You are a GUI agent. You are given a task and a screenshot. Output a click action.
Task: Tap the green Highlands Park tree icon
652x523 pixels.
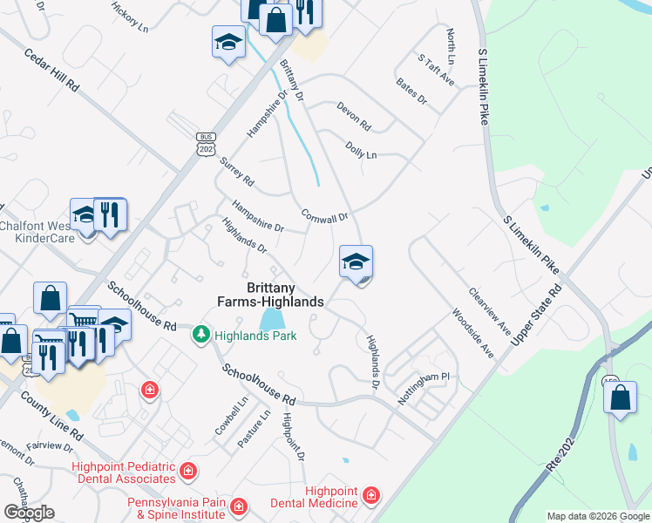(x=201, y=335)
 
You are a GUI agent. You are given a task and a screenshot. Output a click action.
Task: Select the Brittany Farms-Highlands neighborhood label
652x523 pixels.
(x=270, y=295)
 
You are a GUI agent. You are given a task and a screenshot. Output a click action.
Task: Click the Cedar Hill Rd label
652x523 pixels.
(x=53, y=69)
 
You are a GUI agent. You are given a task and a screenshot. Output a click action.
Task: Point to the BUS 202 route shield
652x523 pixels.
(x=206, y=144)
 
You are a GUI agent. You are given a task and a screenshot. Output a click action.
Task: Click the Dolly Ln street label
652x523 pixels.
(x=361, y=150)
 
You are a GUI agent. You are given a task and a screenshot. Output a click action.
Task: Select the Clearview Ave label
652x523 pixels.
(x=490, y=311)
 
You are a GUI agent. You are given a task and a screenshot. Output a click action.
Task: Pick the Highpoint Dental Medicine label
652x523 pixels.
(x=331, y=497)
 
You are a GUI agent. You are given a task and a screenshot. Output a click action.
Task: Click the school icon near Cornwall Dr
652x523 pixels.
(x=356, y=261)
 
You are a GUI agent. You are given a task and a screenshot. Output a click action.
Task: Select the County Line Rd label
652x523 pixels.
(x=52, y=418)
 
